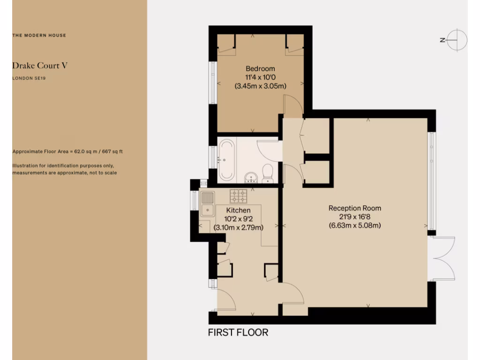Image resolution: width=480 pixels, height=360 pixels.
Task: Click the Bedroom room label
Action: click(x=260, y=68)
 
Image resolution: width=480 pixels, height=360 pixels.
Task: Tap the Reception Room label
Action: click(x=354, y=208)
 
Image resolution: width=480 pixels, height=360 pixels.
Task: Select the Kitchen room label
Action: click(x=238, y=210)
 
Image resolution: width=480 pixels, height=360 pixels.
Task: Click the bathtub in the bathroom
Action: click(x=226, y=159)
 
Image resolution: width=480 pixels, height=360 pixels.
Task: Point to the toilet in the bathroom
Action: click(x=268, y=172)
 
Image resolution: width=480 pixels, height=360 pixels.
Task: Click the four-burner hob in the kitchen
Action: click(x=238, y=195)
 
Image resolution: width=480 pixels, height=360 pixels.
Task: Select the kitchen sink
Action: click(x=207, y=204)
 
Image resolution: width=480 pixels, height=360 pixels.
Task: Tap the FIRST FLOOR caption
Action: click(x=238, y=333)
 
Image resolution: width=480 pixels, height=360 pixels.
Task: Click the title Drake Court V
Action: click(x=40, y=65)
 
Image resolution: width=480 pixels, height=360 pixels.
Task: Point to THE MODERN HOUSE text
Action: click(x=39, y=36)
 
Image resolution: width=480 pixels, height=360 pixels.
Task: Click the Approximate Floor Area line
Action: click(x=67, y=152)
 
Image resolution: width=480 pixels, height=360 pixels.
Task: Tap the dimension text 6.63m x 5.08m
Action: click(x=354, y=225)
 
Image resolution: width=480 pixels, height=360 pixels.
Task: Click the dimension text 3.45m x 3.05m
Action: click(x=260, y=86)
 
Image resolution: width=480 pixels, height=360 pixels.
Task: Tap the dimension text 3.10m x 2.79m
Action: click(x=238, y=228)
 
